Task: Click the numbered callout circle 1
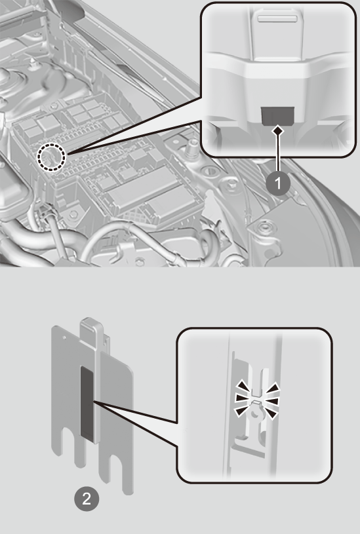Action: pos(278,183)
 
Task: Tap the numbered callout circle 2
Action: pos(87,499)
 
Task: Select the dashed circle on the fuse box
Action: pos(50,157)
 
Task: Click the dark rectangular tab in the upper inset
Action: pos(277,116)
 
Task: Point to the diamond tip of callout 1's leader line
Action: pos(279,130)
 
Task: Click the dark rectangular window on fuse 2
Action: pos(87,402)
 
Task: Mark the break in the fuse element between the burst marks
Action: pos(256,398)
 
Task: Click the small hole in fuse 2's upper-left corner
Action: pos(64,337)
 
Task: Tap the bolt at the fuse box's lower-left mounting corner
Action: pos(73,214)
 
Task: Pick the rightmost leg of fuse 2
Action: pos(128,477)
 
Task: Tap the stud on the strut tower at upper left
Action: pos(33,64)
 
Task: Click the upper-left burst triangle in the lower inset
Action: pos(243,386)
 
